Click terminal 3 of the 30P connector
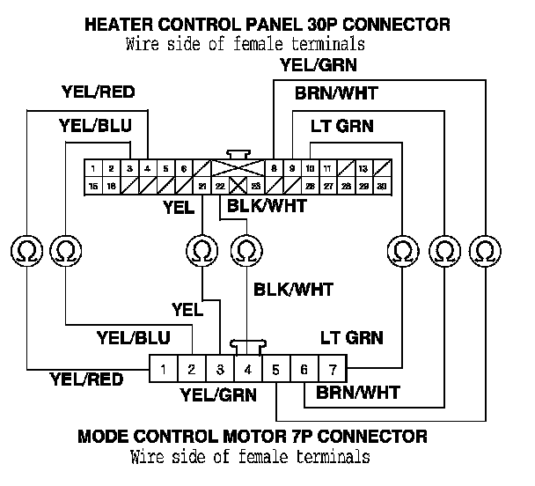coord(129,167)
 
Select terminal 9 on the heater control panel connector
coord(292,167)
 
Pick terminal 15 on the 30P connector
coord(92,186)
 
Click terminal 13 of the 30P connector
coord(364,167)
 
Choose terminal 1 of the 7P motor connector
coord(165,369)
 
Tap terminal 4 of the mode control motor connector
coord(249,369)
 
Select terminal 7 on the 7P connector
coord(332,369)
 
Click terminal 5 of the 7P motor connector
coord(276,369)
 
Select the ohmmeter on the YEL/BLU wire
coord(65,250)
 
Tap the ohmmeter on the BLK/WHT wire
coord(247,250)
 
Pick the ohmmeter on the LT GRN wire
coord(402,250)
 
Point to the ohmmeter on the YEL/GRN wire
coord(485,250)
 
